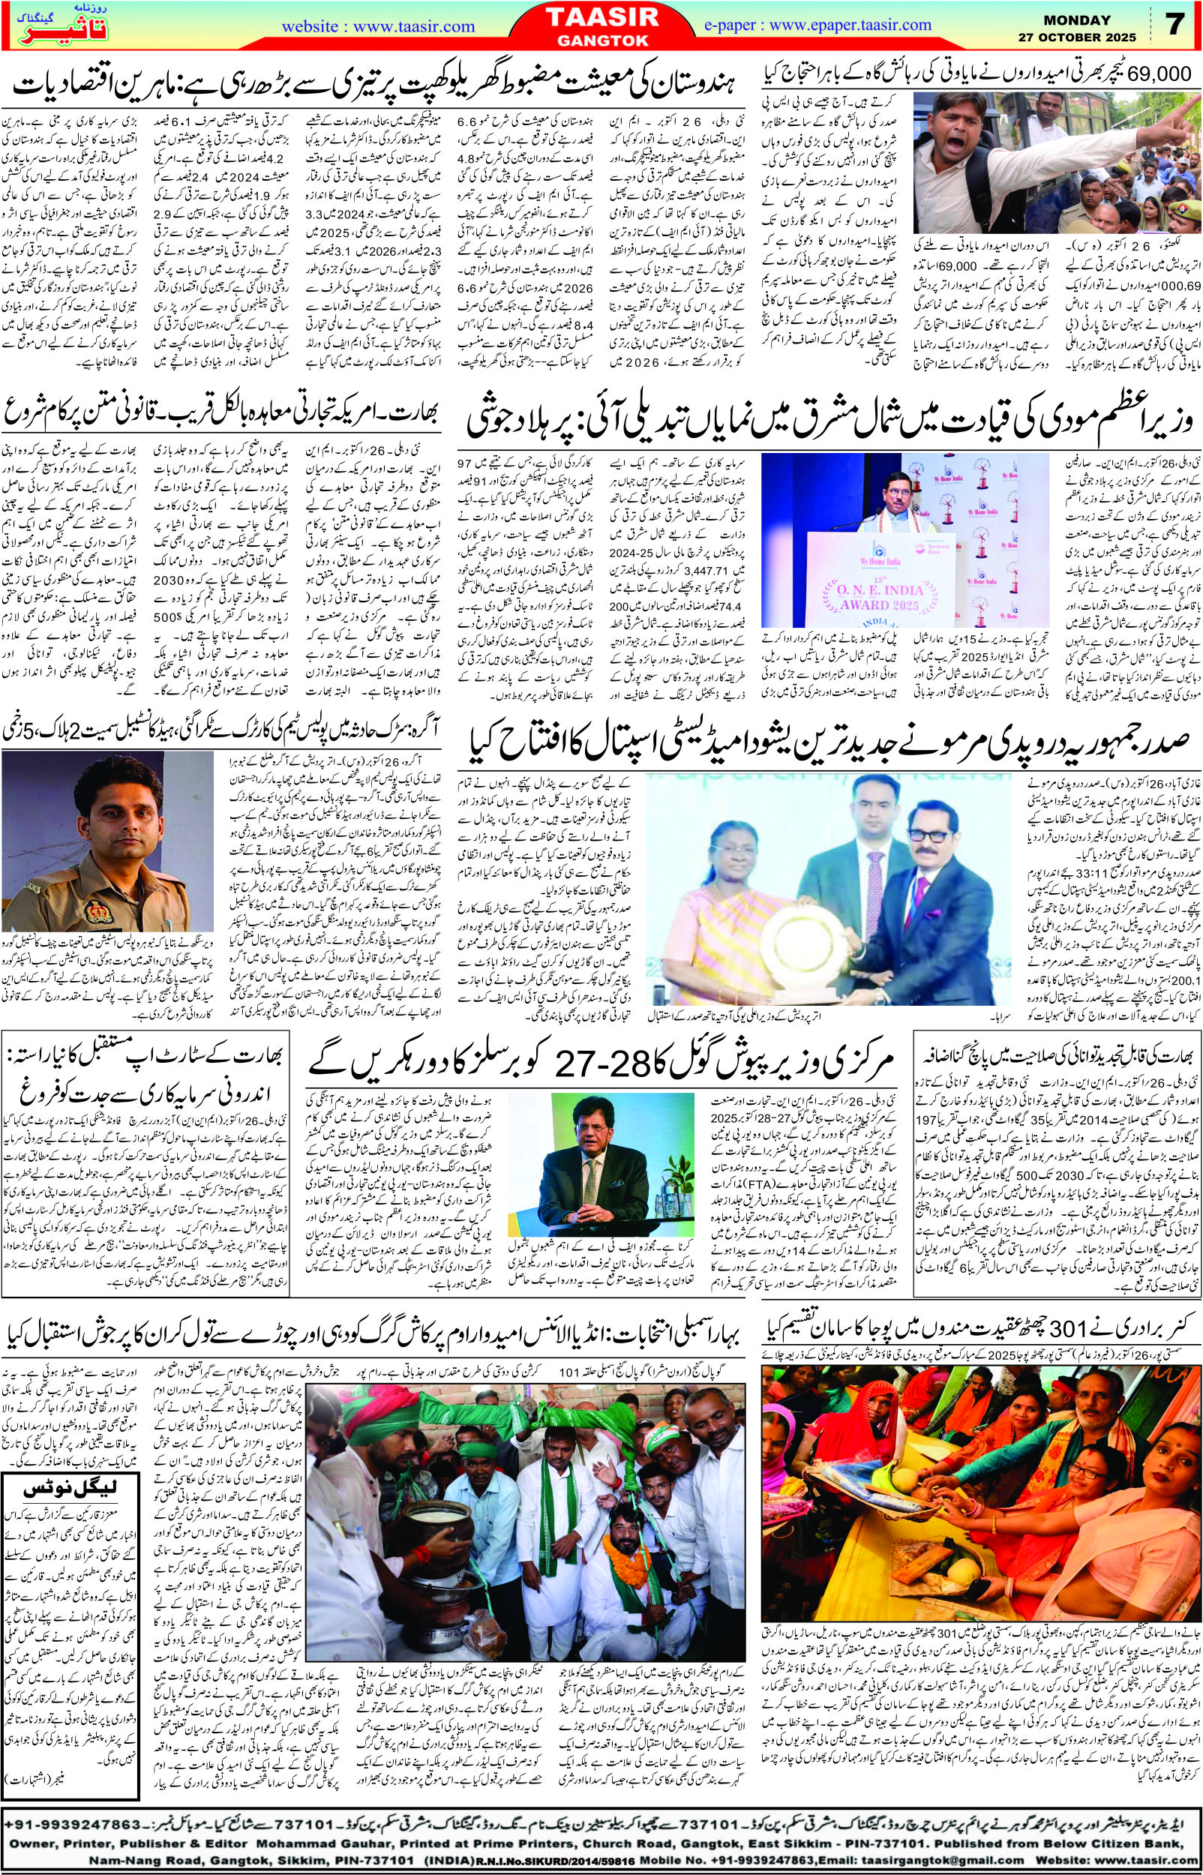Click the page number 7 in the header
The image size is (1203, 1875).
pos(1174,24)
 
